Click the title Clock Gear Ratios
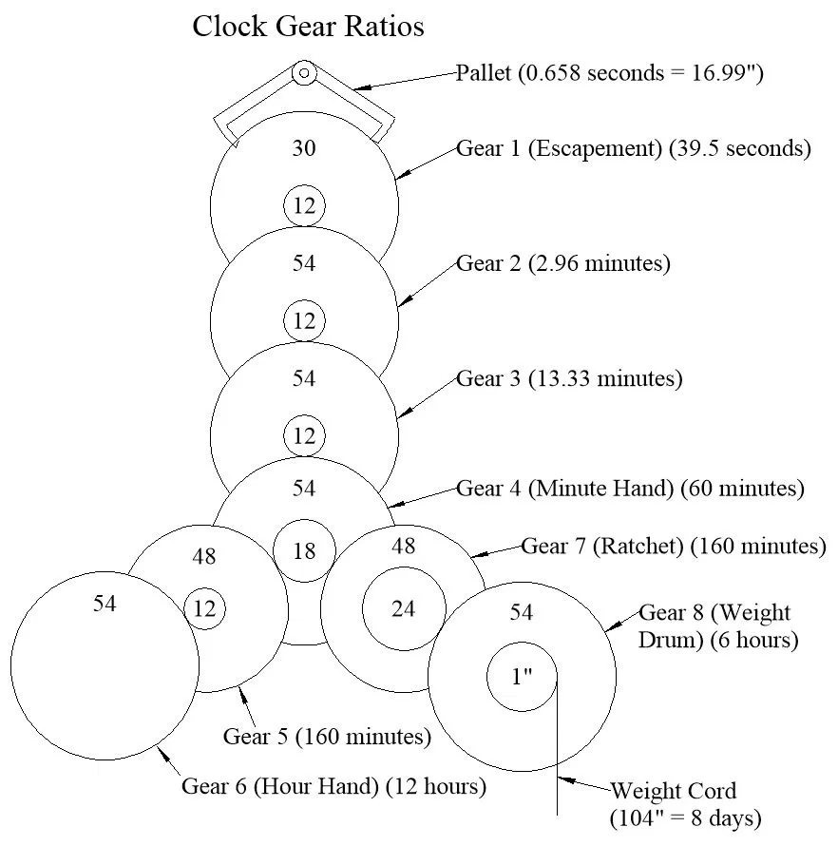308,27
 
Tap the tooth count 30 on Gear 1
304,148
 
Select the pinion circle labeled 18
304,550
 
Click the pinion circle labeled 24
404,608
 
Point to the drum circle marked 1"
522,678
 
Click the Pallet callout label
610,73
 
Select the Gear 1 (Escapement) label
634,148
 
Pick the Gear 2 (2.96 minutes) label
563,263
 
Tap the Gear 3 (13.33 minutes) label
569,378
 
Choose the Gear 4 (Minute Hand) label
630,489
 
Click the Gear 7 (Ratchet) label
673,546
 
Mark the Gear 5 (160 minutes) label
327,736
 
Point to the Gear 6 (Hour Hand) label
333,786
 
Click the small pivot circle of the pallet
304,72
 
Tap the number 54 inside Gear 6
105,604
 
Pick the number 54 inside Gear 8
522,612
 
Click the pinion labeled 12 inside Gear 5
204,609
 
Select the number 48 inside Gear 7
404,546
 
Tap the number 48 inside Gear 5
204,557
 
